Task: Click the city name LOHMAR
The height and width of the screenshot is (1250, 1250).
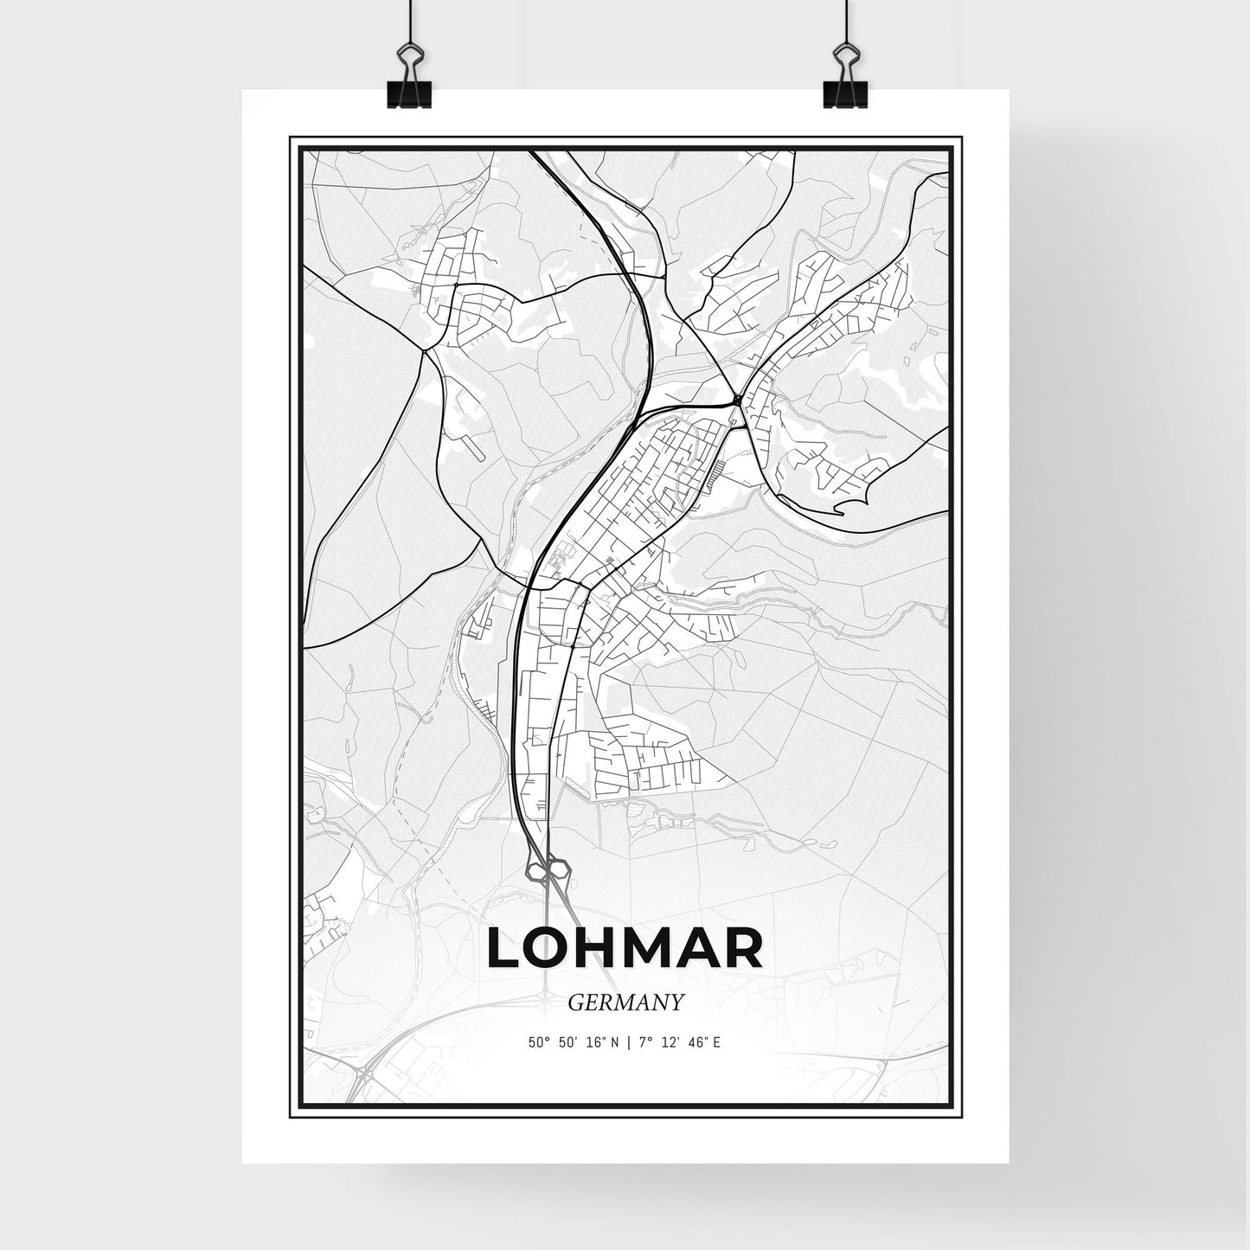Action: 625,949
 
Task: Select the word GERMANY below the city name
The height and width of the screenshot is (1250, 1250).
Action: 626,1003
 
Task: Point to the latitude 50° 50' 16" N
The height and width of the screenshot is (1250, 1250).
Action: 574,1042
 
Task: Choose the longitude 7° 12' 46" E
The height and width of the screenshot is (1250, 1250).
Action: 678,1042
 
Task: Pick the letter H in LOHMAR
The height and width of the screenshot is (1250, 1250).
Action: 603,949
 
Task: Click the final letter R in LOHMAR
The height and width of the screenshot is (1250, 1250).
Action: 743,949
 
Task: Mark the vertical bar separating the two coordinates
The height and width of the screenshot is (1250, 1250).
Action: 629,1042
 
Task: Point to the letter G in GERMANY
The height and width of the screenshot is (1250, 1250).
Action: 575,1003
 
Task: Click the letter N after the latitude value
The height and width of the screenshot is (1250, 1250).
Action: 614,1042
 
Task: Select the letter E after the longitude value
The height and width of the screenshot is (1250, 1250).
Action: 717,1042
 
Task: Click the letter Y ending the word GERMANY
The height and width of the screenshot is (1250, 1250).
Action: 677,1003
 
